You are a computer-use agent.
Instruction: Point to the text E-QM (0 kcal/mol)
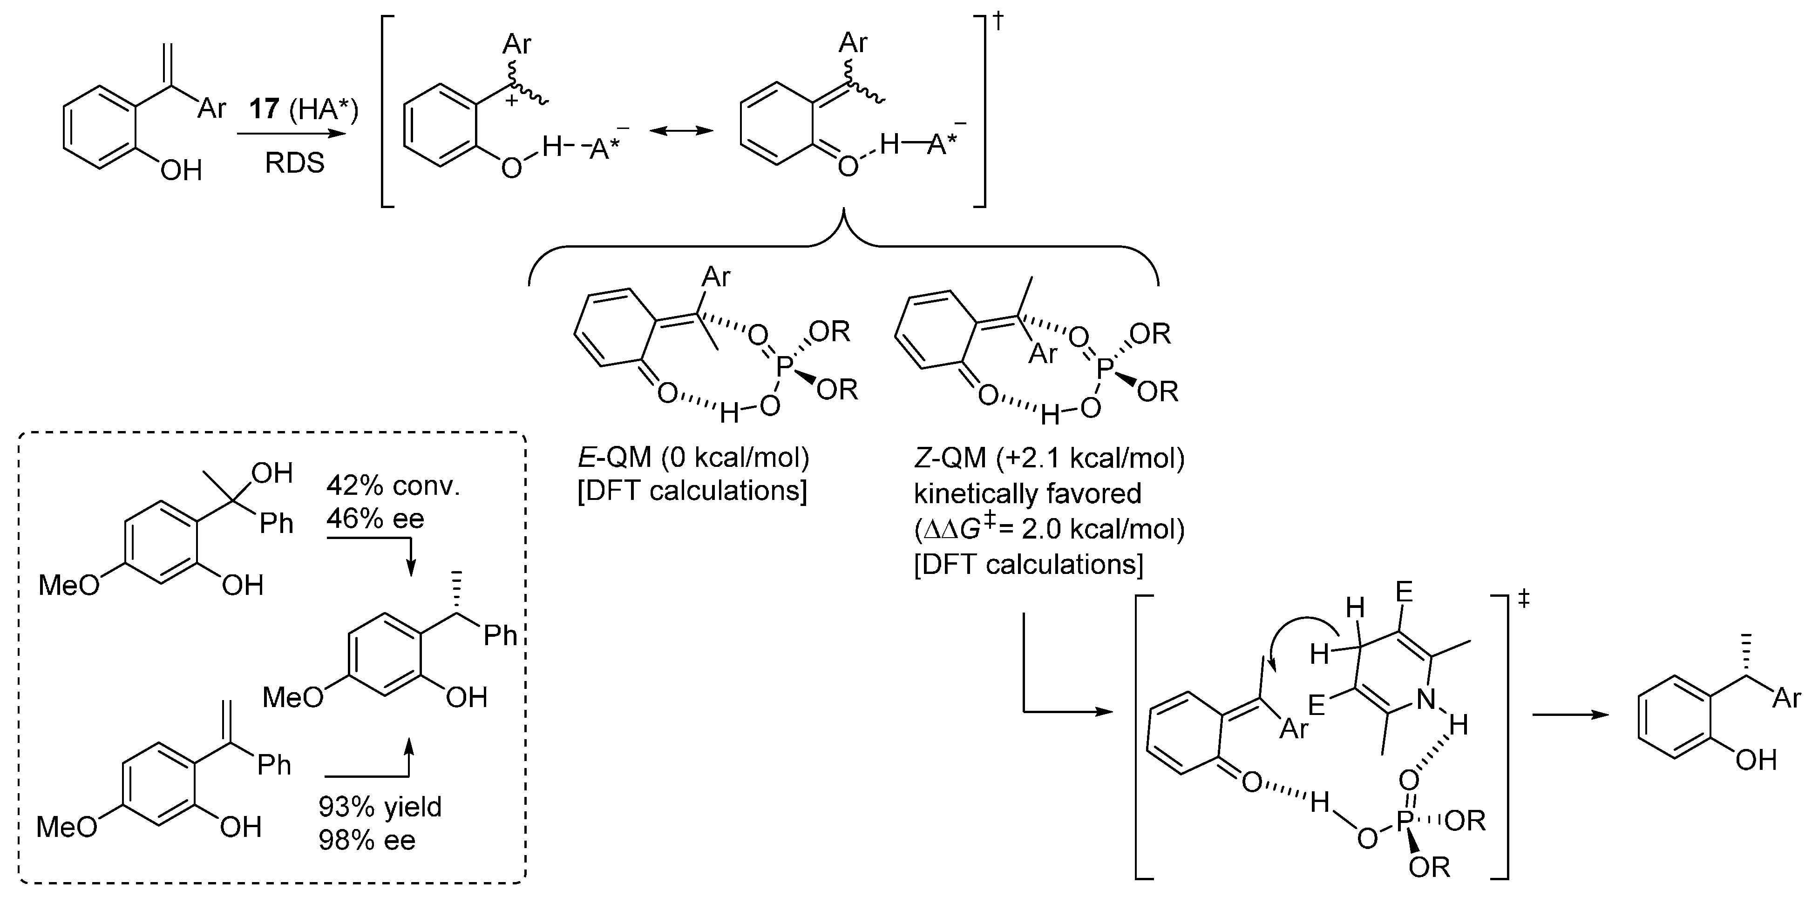pyautogui.click(x=693, y=458)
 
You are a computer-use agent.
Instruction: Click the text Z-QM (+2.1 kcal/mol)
pyautogui.click(x=1049, y=458)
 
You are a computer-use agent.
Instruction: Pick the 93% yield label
pyautogui.click(x=380, y=807)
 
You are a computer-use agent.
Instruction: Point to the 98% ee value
pyautogui.click(x=366, y=840)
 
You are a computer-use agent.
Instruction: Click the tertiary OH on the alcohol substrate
pyautogui.click(x=271, y=473)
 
